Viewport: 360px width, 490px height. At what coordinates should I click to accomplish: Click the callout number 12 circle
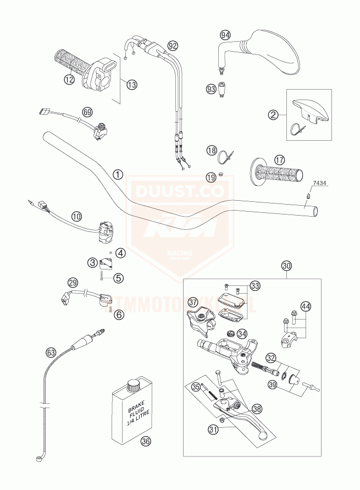(69, 80)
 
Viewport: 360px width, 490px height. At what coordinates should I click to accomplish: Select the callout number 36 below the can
(145, 441)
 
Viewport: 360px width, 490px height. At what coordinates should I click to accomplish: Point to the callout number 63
(51, 351)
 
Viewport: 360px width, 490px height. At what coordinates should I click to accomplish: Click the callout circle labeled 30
(286, 266)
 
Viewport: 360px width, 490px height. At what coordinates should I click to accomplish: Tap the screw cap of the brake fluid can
(132, 385)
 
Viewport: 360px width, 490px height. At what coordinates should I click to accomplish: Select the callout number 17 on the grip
(280, 160)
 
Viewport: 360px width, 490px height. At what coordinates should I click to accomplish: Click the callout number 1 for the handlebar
(117, 174)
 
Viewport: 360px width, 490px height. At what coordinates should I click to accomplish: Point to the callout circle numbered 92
(174, 45)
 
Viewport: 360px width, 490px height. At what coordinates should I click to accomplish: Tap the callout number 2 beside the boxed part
(272, 115)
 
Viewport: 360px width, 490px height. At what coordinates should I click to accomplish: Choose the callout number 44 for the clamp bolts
(305, 307)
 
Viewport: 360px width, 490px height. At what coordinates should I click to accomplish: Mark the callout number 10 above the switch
(76, 216)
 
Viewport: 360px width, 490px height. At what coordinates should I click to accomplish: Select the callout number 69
(86, 112)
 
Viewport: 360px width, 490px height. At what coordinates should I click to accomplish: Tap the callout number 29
(73, 283)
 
